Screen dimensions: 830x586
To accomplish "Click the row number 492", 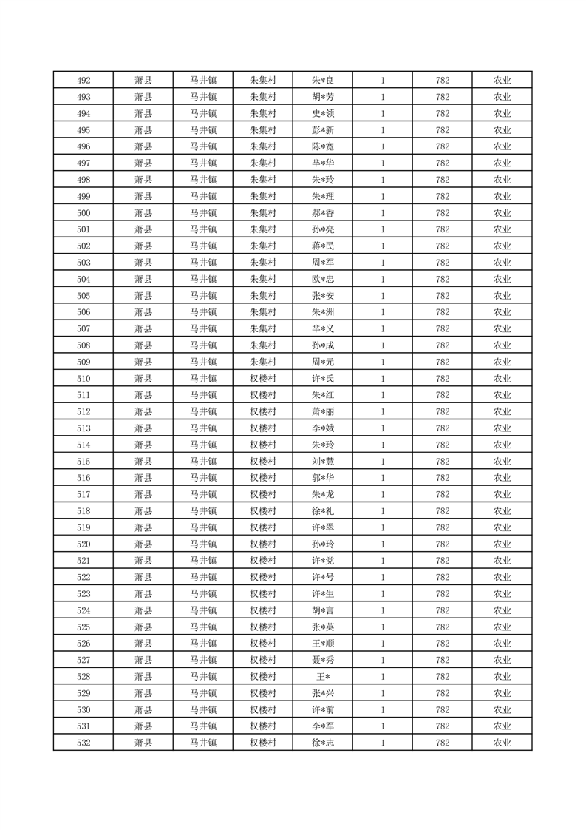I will (x=84, y=81).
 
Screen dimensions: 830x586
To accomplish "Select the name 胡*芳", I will (x=323, y=97).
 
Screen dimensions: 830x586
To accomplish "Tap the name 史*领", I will (x=323, y=114).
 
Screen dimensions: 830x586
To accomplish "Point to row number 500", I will (x=84, y=213).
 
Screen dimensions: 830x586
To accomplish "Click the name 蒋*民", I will (x=323, y=246).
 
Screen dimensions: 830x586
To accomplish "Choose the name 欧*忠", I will (x=323, y=280).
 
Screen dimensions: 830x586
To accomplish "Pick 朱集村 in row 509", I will (x=262, y=362).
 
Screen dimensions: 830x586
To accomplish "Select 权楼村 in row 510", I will (x=262, y=379).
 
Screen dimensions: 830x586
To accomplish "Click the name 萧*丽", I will (x=323, y=412).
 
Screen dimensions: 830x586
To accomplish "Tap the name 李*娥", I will (x=323, y=428).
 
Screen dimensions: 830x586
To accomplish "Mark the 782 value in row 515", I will (x=443, y=462).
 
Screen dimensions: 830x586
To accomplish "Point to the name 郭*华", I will (x=323, y=478).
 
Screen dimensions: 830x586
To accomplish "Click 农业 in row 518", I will (x=502, y=511).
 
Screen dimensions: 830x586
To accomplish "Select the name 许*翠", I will (x=323, y=527).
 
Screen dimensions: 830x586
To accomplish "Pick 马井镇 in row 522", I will (x=203, y=578).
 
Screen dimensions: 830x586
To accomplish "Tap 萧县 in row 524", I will (x=143, y=610).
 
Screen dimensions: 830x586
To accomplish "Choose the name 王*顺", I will (x=323, y=644).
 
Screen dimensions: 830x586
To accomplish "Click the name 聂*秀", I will (x=323, y=660).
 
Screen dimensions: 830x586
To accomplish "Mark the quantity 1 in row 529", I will (x=383, y=693).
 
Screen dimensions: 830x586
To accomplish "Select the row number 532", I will (x=84, y=743).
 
